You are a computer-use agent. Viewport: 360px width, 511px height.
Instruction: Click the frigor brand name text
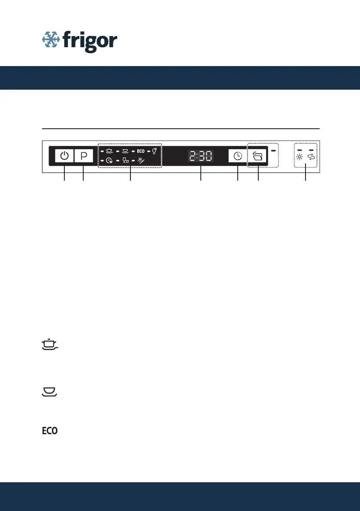pos(90,41)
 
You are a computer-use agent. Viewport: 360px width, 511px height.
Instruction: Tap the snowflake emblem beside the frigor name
pos(51,39)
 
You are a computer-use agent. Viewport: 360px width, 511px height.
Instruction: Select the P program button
pos(84,156)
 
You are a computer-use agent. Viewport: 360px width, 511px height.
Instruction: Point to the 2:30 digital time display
pos(201,156)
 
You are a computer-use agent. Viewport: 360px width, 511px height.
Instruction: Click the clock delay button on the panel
pos(238,156)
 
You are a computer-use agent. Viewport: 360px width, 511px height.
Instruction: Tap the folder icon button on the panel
pos(257,156)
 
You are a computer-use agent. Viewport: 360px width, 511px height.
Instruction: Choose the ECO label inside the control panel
pos(141,151)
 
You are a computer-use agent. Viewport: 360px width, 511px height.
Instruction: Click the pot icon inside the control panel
pos(109,151)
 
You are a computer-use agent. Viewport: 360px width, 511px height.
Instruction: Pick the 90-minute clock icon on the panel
pos(109,160)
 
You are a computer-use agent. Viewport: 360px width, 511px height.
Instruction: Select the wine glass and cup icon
pos(126,160)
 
